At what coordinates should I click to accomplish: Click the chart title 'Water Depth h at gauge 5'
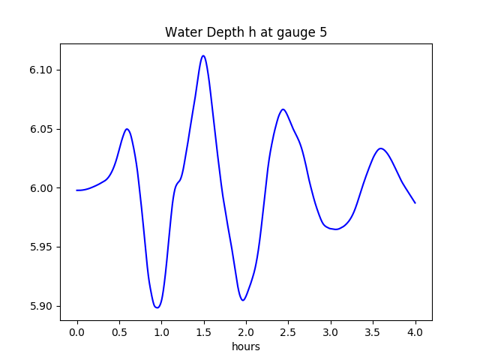click(246, 33)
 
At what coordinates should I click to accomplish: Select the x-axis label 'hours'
click(246, 347)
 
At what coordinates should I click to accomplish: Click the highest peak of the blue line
click(203, 55)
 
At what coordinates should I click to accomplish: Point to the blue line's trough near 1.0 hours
click(157, 307)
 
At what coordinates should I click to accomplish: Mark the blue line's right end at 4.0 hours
click(415, 203)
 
